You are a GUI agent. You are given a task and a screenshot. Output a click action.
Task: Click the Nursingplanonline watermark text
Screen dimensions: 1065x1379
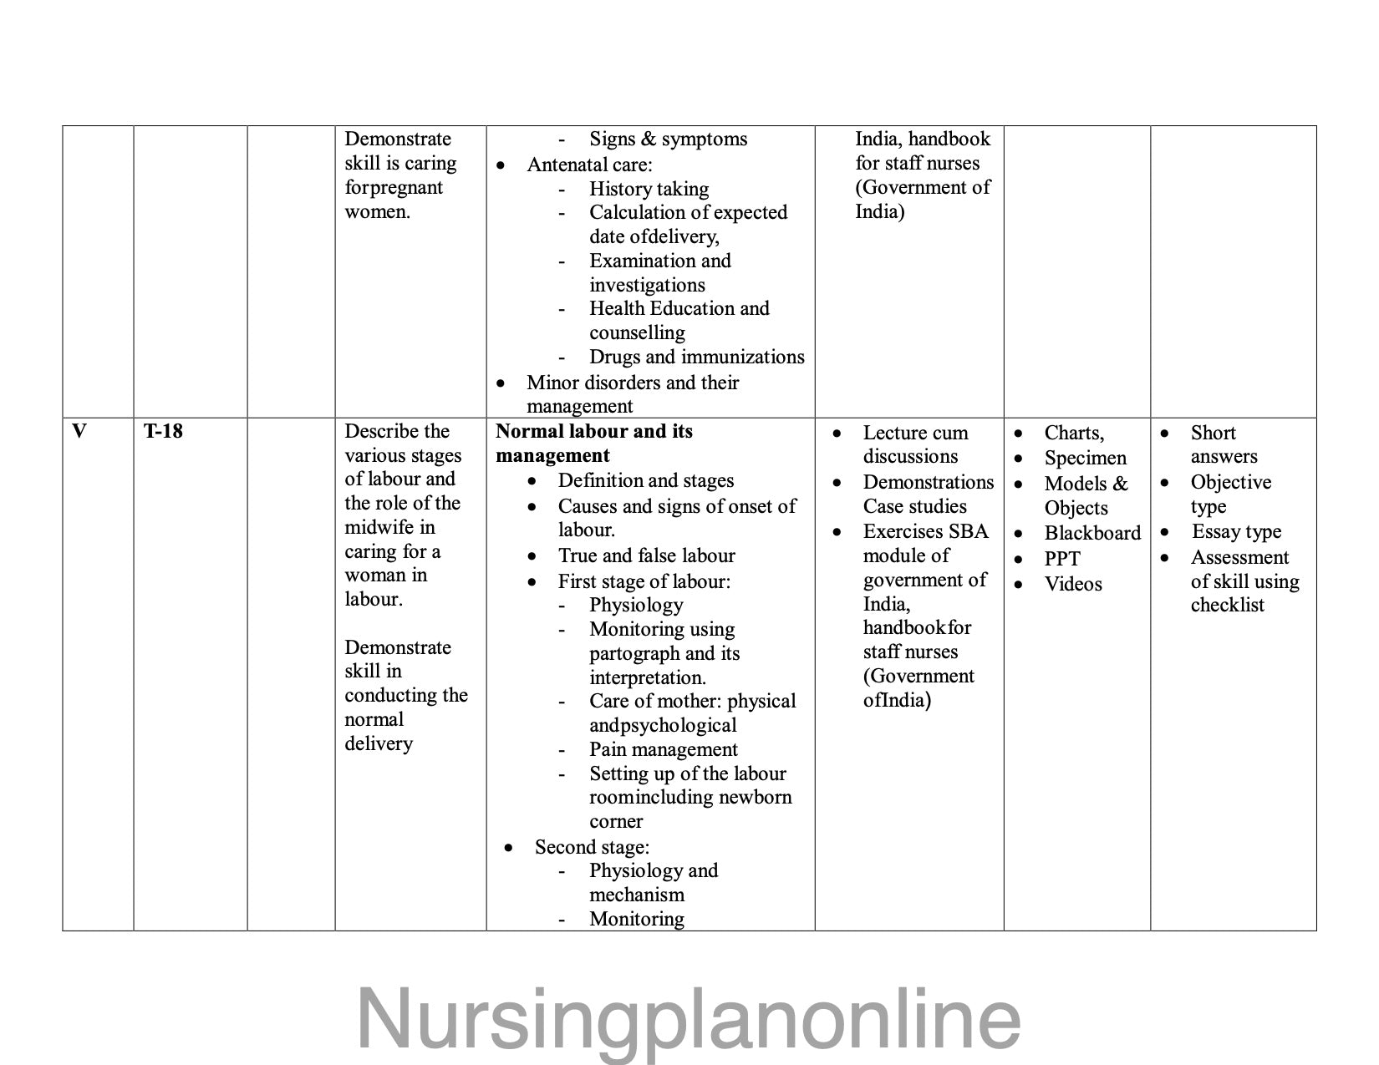(689, 1018)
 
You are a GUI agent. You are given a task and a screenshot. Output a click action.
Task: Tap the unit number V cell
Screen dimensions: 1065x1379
(79, 432)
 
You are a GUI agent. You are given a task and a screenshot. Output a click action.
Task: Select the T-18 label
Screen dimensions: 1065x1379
(163, 432)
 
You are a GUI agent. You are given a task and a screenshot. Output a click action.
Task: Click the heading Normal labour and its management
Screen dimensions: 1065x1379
(593, 444)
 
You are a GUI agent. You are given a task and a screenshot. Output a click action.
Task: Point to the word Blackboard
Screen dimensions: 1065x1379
(1092, 534)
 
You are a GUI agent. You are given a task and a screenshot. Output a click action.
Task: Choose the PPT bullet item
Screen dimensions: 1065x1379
(1062, 559)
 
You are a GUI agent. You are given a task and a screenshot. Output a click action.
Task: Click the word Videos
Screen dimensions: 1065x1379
(1073, 584)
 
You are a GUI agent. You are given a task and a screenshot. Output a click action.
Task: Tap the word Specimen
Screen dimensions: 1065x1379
(1085, 458)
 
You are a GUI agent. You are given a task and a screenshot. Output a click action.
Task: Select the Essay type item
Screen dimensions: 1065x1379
(1236, 532)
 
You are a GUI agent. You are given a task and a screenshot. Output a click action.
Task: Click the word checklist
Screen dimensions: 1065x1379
(1227, 605)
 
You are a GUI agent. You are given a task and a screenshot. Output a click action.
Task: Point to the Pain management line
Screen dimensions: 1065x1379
(664, 749)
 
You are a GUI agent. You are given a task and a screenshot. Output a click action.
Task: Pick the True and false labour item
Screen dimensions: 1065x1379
(646, 555)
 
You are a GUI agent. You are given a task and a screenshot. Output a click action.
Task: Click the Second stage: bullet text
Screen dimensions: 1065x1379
(592, 847)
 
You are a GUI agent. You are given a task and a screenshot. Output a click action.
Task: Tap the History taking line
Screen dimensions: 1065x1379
(649, 189)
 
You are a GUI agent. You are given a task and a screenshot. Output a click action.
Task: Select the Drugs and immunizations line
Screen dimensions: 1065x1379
(696, 357)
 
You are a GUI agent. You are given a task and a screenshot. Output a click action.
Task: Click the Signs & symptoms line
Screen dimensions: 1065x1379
(668, 139)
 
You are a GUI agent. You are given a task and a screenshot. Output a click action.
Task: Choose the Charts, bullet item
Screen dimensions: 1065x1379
(1074, 433)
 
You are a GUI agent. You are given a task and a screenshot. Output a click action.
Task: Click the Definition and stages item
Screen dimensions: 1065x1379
(645, 480)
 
